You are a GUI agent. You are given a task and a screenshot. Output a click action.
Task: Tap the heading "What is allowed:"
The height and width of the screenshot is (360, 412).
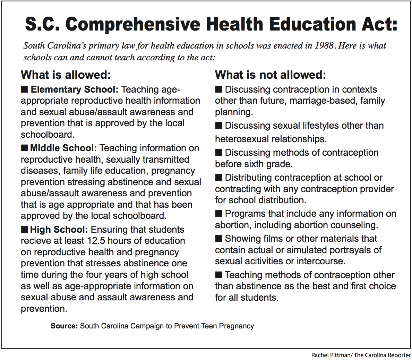[x=66, y=75]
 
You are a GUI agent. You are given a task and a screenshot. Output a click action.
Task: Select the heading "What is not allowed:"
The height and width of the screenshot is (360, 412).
[x=271, y=75]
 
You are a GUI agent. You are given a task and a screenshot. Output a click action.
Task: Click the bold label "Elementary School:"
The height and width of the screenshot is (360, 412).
[x=75, y=89]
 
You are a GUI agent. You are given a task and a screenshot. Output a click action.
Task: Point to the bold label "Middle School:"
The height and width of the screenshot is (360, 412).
[x=63, y=148]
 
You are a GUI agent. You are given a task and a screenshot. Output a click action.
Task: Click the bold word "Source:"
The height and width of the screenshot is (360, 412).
[x=64, y=326]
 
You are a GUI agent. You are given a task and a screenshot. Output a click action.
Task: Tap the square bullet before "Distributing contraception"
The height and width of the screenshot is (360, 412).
[x=218, y=178]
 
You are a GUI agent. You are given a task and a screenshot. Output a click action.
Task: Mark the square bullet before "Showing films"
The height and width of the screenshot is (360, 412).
[x=218, y=239]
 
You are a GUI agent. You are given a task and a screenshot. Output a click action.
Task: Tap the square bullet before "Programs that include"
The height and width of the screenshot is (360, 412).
[x=218, y=214]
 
